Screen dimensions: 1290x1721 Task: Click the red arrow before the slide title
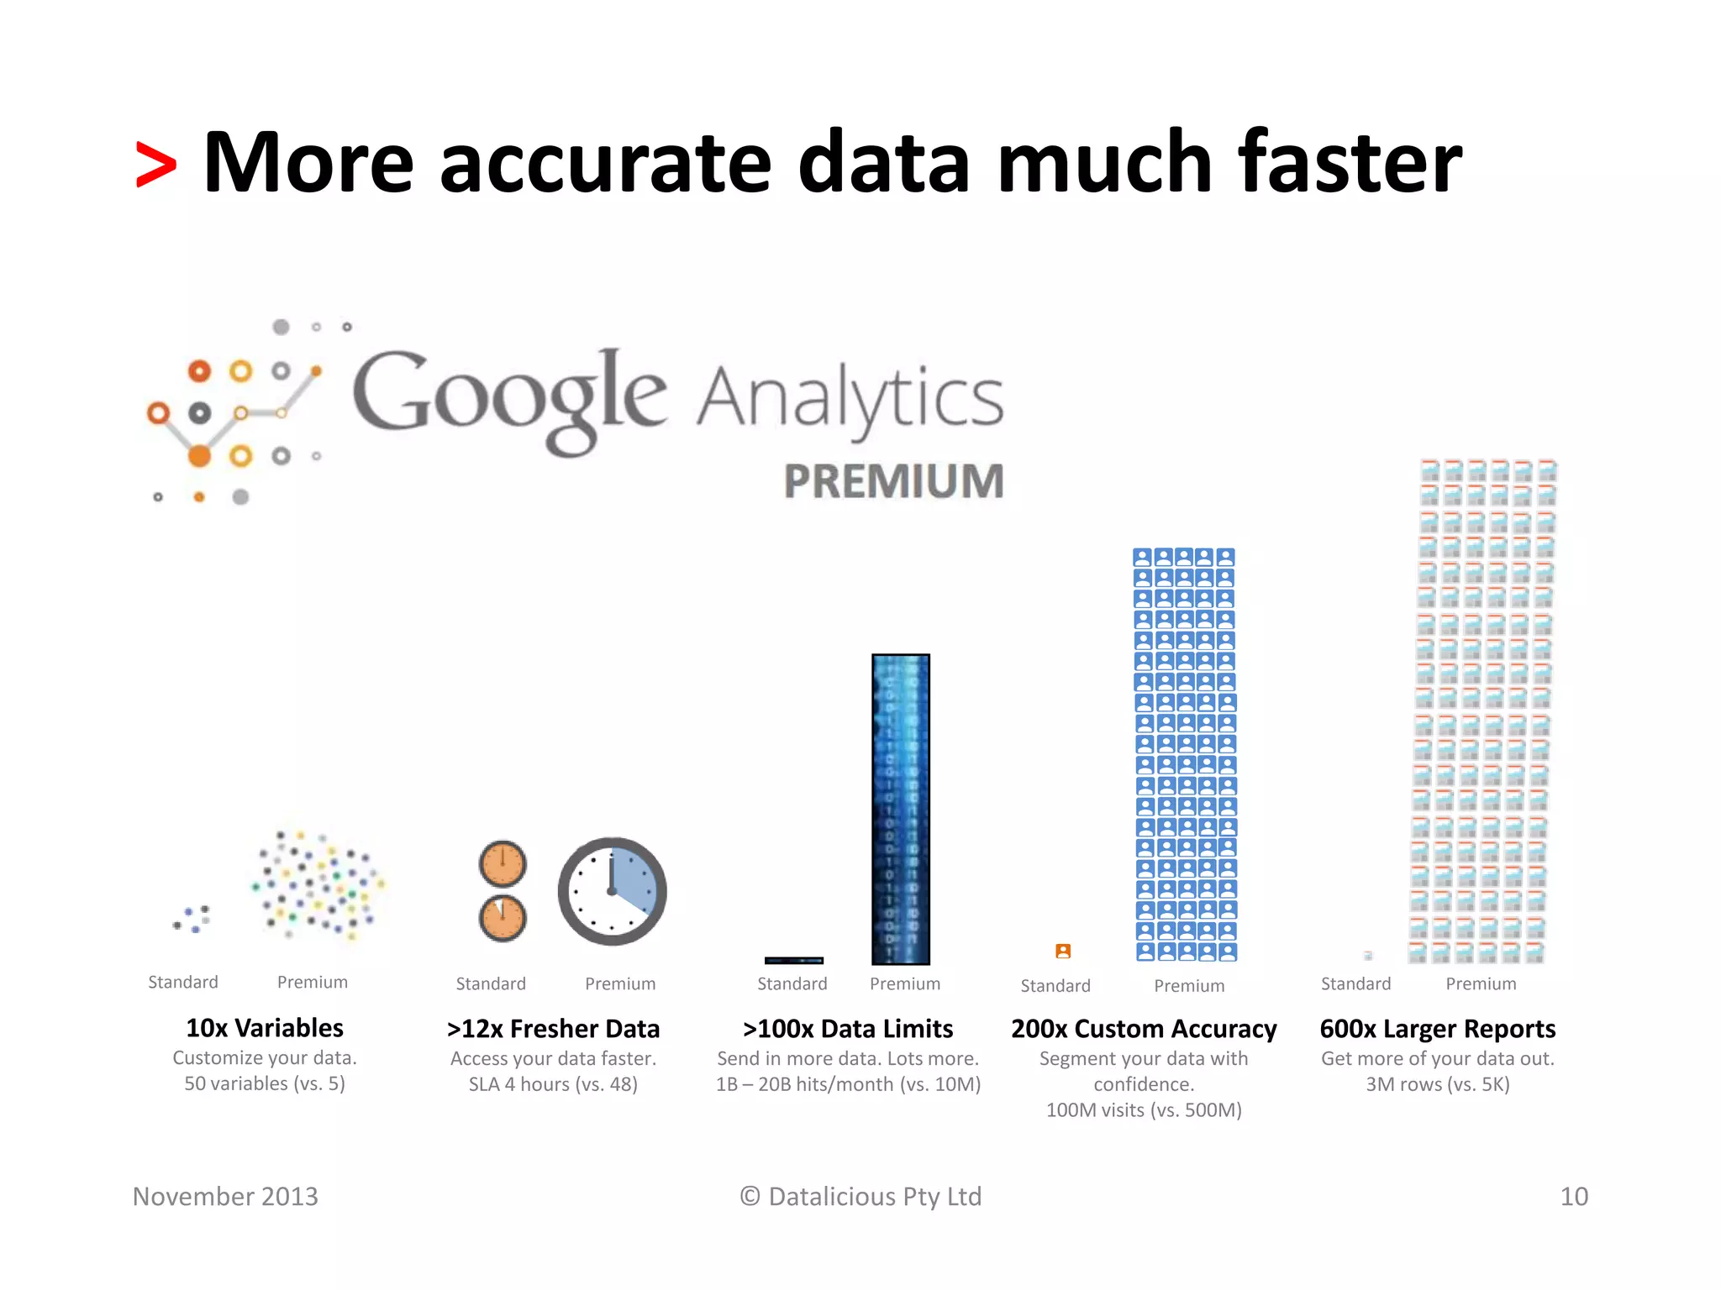point(156,165)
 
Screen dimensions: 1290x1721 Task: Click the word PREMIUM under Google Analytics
point(893,481)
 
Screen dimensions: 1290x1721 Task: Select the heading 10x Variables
point(265,1028)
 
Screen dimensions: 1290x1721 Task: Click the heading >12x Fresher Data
point(553,1029)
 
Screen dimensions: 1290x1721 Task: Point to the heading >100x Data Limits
point(848,1029)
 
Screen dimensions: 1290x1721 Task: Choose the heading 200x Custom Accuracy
point(1144,1029)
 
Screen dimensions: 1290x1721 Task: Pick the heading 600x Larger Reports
point(1437,1029)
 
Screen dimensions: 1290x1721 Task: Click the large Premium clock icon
point(613,891)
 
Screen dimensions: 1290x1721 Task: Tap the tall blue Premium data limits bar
point(901,809)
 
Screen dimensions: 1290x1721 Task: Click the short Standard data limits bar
point(793,960)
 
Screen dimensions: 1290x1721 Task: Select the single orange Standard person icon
point(1063,951)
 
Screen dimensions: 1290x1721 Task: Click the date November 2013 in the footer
point(225,1196)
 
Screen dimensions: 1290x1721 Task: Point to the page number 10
point(1574,1196)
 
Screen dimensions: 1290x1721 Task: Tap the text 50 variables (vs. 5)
point(265,1083)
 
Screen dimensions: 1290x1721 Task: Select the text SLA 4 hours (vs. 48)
point(553,1084)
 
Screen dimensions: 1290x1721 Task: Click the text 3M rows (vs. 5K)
point(1437,1084)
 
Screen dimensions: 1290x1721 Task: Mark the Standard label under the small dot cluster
point(183,982)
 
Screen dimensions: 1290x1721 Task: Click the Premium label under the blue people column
point(1189,985)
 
